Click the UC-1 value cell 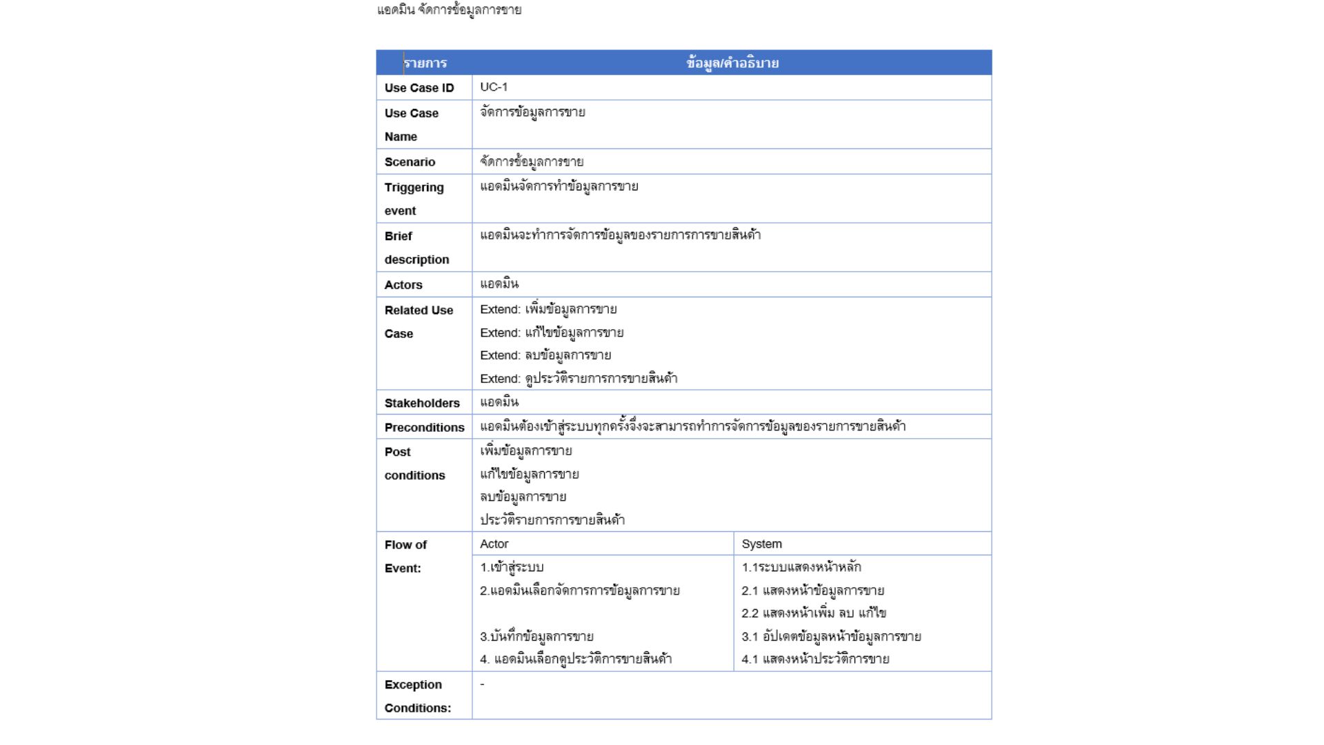tap(494, 87)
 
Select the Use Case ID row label tap(419, 88)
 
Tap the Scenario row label tap(410, 162)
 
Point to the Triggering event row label tap(414, 199)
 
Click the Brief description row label tap(417, 248)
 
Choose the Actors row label tap(403, 285)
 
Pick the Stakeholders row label tap(422, 403)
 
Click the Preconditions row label tap(424, 428)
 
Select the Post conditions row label tap(414, 464)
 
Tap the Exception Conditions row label tap(417, 696)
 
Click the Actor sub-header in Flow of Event tap(494, 544)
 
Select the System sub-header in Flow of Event tap(761, 544)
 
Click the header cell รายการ tap(425, 63)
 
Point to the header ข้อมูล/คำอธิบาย tap(732, 63)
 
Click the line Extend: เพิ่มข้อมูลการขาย tap(548, 310)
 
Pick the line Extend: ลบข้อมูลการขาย tap(545, 356)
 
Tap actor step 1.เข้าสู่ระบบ tap(512, 568)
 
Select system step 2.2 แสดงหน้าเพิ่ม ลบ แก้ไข tap(814, 613)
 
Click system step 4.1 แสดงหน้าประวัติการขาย tap(815, 659)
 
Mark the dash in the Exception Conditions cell tap(483, 684)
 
